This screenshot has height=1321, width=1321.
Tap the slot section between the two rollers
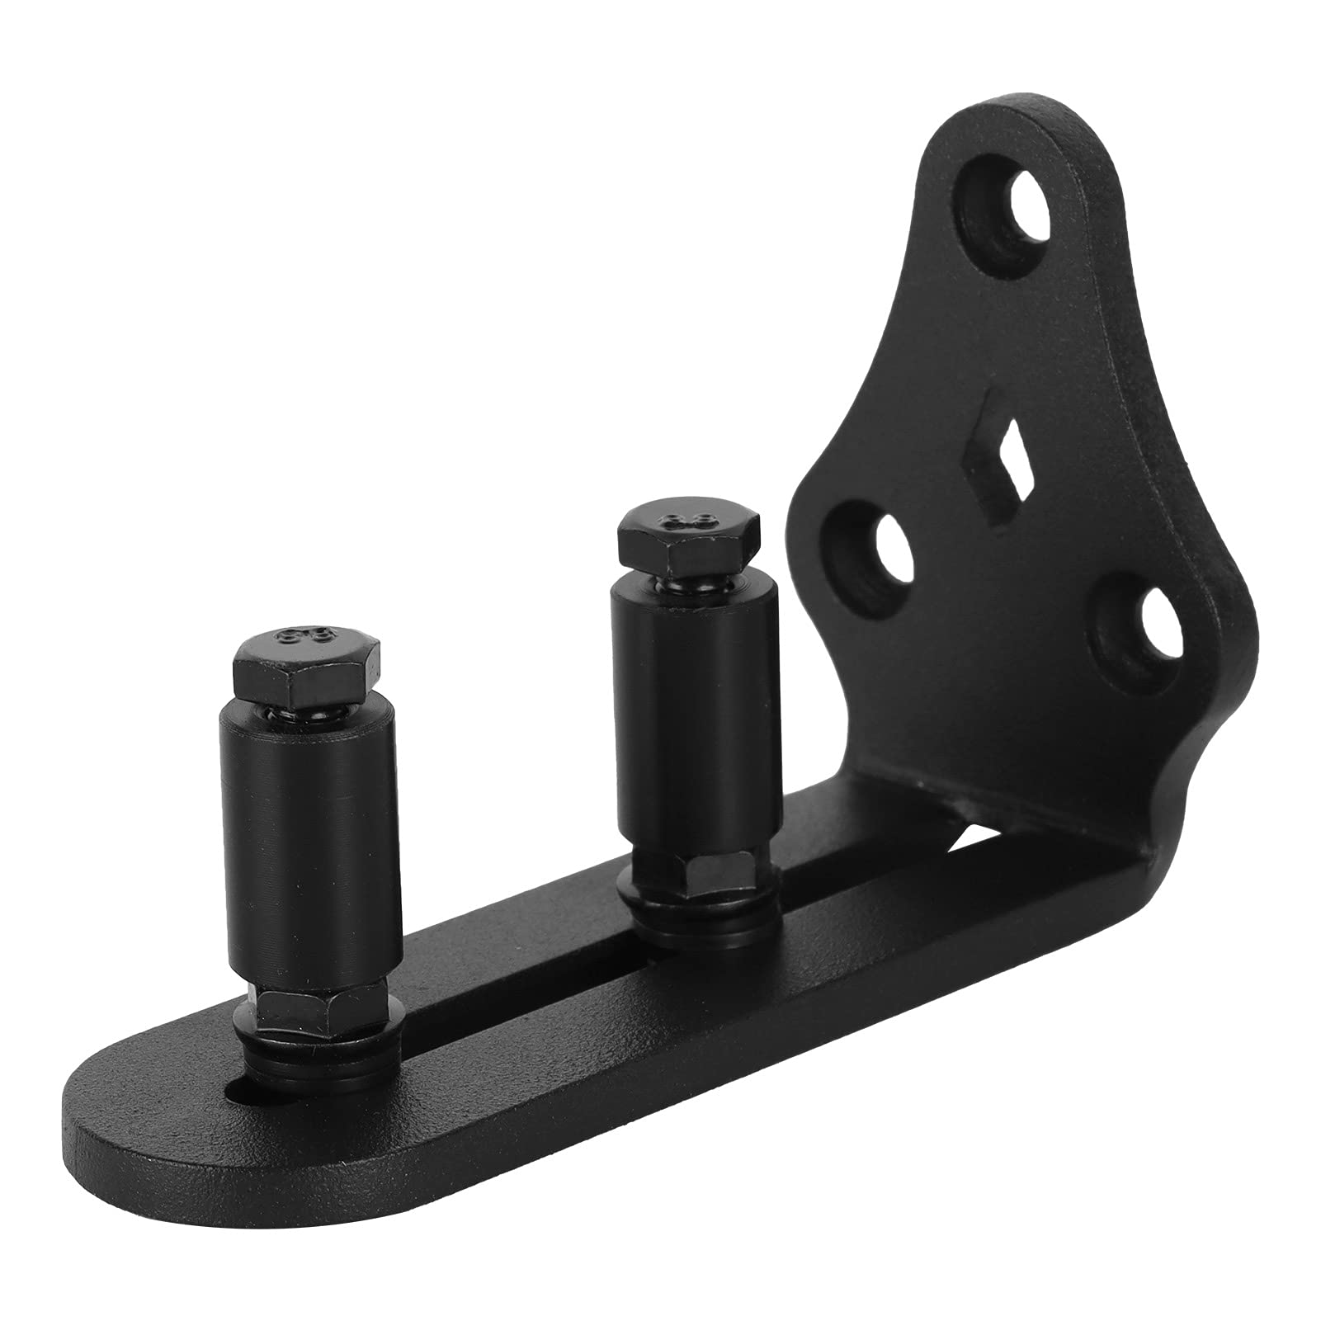(x=528, y=974)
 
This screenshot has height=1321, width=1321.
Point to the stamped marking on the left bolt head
(x=304, y=636)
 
